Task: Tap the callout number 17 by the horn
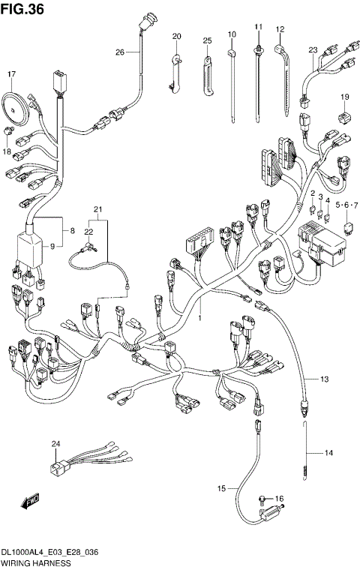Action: click(12, 74)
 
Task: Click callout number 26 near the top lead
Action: click(119, 52)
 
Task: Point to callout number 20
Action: click(177, 36)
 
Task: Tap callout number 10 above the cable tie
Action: click(232, 34)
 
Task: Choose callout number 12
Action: click(280, 30)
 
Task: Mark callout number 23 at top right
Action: click(313, 50)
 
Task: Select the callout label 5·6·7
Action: click(346, 204)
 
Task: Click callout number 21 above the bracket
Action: click(96, 208)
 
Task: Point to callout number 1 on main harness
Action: click(200, 319)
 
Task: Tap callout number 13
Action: click(324, 379)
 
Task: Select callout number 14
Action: click(328, 452)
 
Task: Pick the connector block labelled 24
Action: click(57, 469)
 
